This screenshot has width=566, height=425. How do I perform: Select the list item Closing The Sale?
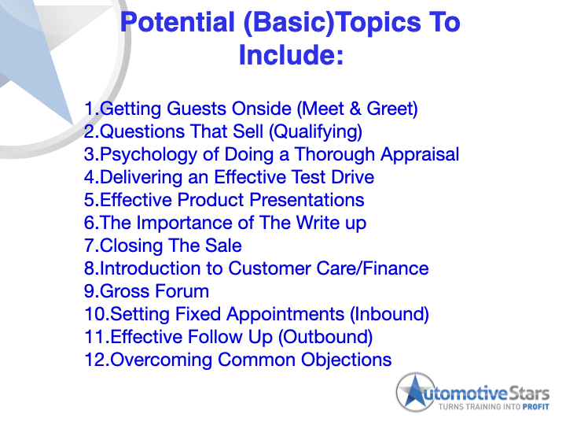163,246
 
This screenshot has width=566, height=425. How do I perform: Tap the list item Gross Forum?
147,291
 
